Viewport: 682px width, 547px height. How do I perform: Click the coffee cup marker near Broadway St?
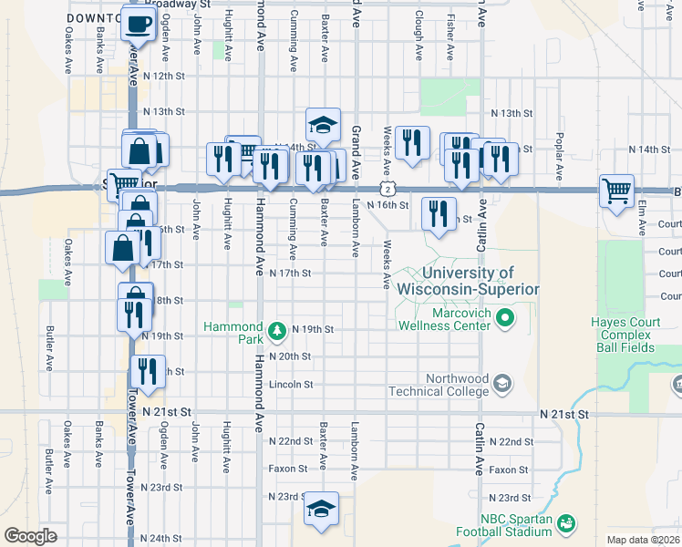click(x=138, y=24)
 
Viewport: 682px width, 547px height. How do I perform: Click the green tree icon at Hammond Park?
click(x=273, y=329)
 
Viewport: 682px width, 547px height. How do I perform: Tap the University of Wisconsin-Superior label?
click(x=468, y=281)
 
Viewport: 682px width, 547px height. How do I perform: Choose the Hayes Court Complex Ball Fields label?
click(x=635, y=334)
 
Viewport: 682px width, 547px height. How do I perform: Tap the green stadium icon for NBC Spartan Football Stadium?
click(x=566, y=522)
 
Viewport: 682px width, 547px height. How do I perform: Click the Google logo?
click(x=30, y=536)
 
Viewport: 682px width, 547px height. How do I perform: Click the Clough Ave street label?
click(x=418, y=36)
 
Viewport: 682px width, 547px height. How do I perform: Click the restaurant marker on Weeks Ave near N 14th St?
click(x=412, y=143)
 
